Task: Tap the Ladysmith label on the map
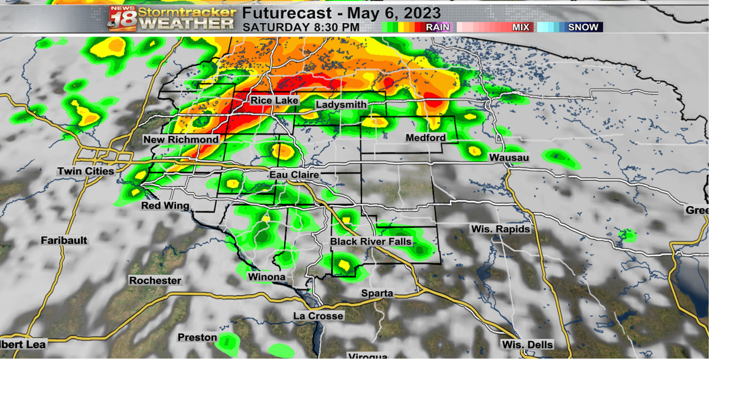click(x=341, y=105)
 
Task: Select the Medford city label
click(x=425, y=138)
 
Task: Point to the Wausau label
click(x=509, y=158)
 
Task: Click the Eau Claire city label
click(x=294, y=175)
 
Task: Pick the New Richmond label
click(x=181, y=139)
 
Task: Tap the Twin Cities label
click(x=86, y=171)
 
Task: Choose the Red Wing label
click(x=165, y=206)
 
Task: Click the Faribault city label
click(x=64, y=240)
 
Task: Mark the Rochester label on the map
click(x=155, y=281)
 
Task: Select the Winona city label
click(x=266, y=277)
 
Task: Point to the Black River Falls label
click(x=371, y=242)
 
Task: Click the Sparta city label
click(x=377, y=294)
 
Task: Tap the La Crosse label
click(x=318, y=316)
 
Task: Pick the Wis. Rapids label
click(x=500, y=229)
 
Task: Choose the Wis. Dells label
click(x=527, y=344)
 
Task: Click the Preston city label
click(x=197, y=337)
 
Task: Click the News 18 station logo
click(x=122, y=18)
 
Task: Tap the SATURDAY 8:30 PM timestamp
click(x=301, y=27)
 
